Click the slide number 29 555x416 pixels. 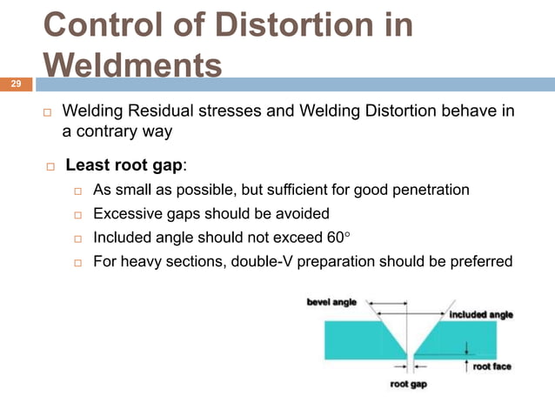tap(15, 84)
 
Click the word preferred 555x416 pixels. tap(480, 262)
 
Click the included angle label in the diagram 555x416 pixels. tap(481, 314)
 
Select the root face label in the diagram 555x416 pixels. tap(491, 366)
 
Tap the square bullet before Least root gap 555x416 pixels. tap(52, 166)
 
